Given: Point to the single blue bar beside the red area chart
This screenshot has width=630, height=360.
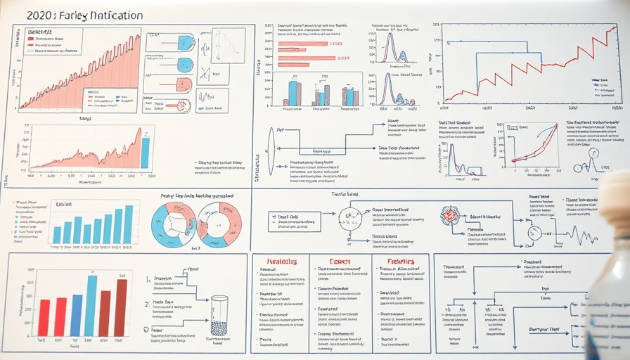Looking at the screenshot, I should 145,153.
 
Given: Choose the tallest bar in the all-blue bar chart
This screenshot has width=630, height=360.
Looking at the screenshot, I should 128,224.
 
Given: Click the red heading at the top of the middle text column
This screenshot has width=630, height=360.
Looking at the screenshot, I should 340,261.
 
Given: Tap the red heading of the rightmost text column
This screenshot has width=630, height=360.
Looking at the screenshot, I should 401,262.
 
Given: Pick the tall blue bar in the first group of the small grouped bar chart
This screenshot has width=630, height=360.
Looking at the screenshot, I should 292,93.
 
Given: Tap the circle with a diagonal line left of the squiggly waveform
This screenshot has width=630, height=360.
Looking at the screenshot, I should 534,233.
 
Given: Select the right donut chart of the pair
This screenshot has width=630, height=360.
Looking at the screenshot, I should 219,224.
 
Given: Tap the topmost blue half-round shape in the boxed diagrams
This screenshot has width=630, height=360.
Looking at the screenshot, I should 186,42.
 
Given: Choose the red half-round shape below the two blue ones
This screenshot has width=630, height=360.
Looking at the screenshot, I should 183,86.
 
